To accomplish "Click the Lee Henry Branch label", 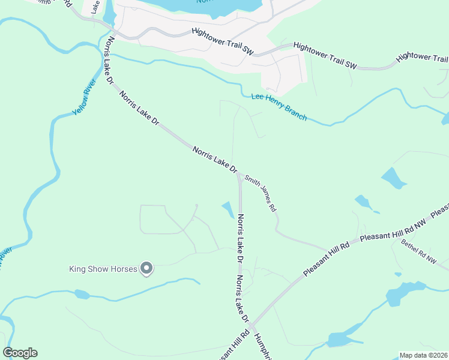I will click(x=279, y=106).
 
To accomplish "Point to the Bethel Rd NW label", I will click(x=419, y=252).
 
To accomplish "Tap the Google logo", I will click(x=20, y=353).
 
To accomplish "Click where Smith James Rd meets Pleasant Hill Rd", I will click(x=325, y=247).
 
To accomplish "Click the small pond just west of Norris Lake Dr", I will click(x=228, y=209).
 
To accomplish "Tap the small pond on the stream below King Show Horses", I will click(x=82, y=294).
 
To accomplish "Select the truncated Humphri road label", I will click(x=264, y=347).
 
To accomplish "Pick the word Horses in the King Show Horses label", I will click(x=125, y=269).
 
